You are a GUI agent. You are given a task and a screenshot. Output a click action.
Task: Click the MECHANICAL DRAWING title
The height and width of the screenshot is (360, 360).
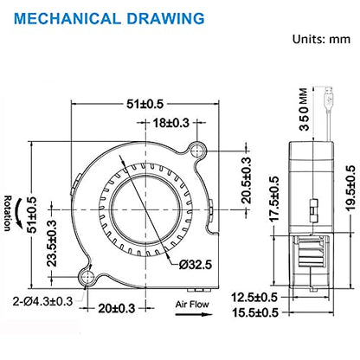(x=109, y=18)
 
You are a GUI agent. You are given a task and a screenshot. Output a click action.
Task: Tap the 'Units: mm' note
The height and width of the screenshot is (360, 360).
(x=321, y=39)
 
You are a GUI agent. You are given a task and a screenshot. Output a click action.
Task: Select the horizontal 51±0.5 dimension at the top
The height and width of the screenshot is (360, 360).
(x=145, y=104)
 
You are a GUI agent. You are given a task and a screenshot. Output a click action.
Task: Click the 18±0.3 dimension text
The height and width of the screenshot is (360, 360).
(x=171, y=123)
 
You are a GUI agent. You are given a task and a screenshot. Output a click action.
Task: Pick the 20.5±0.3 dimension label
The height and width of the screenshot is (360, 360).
(x=246, y=180)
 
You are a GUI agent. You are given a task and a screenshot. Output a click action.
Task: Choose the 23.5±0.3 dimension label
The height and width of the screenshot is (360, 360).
(x=52, y=243)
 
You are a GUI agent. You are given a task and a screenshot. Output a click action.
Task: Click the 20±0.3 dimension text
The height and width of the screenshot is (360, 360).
(x=117, y=308)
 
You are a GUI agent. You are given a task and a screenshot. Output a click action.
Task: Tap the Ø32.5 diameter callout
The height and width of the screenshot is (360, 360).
(x=196, y=264)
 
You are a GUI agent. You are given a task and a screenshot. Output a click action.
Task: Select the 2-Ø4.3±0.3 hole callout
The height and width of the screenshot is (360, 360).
(x=42, y=301)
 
